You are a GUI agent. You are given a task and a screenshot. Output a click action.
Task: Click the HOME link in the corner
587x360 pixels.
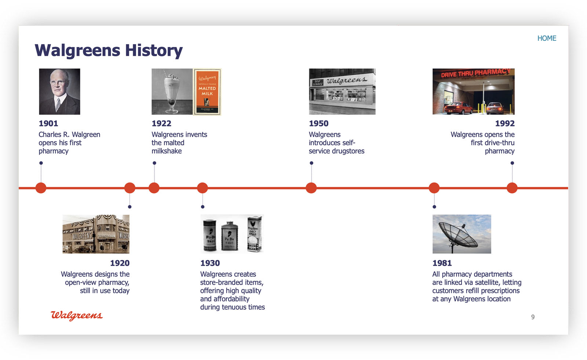click(x=547, y=38)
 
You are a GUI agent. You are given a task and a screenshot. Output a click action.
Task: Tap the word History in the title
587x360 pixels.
click(x=154, y=50)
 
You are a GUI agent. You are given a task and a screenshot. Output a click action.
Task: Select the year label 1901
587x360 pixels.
click(x=48, y=123)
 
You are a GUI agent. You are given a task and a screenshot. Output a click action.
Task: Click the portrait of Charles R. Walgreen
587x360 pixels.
click(x=59, y=91)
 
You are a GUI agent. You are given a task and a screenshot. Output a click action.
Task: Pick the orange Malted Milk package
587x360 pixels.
click(x=207, y=92)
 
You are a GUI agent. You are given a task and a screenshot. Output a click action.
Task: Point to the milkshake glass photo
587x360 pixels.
click(x=172, y=91)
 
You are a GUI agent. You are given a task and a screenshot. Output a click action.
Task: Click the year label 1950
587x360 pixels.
click(x=319, y=123)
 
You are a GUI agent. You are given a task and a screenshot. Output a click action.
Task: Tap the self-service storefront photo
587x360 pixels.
click(x=342, y=91)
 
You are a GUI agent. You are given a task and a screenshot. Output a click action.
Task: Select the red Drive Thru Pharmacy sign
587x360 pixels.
click(x=475, y=73)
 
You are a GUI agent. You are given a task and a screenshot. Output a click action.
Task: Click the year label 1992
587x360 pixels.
click(x=505, y=123)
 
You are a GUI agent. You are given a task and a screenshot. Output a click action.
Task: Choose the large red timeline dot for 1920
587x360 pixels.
click(x=130, y=188)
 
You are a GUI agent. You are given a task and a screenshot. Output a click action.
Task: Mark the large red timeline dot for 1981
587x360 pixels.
click(x=434, y=188)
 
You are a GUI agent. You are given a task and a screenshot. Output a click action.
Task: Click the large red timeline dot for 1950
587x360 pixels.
click(x=311, y=188)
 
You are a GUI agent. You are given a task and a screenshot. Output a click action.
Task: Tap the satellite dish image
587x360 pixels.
click(x=462, y=234)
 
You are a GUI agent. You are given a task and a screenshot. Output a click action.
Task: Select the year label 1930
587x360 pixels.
click(x=210, y=263)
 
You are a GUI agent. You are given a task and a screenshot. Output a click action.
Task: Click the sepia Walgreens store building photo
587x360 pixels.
click(x=96, y=234)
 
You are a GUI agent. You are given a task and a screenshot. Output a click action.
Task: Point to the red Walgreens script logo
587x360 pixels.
click(x=77, y=316)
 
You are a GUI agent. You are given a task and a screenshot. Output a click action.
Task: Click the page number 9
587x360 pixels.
click(x=533, y=317)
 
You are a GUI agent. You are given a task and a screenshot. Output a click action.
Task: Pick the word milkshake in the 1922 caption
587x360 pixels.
click(x=167, y=151)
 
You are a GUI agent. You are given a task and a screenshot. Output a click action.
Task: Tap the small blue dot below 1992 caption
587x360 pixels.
click(x=512, y=163)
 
